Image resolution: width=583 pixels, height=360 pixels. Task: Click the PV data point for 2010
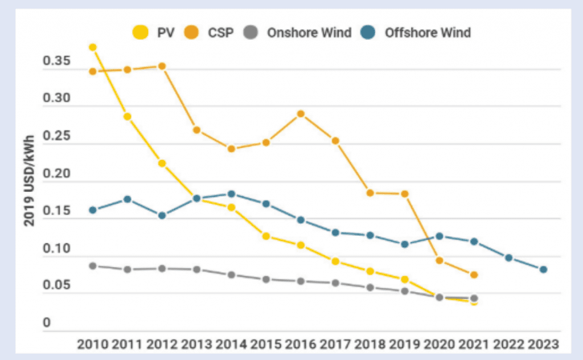pos(93,47)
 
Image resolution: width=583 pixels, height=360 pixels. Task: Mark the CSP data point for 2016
pos(301,114)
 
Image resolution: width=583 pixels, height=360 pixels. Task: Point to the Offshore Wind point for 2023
pos(543,269)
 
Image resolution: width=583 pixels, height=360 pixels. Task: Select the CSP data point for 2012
pos(162,66)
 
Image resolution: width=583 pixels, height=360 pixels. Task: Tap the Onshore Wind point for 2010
pos(93,265)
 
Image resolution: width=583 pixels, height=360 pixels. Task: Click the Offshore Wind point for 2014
pos(231,194)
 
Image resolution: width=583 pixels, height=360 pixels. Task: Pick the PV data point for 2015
pos(266,236)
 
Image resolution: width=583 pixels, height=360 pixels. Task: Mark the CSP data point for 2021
pos(474,275)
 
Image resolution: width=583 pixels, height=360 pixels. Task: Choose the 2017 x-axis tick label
pos(335,345)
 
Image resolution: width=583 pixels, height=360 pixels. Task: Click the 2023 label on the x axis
pos(543,345)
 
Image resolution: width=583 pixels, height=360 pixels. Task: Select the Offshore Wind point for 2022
pos(508,258)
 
